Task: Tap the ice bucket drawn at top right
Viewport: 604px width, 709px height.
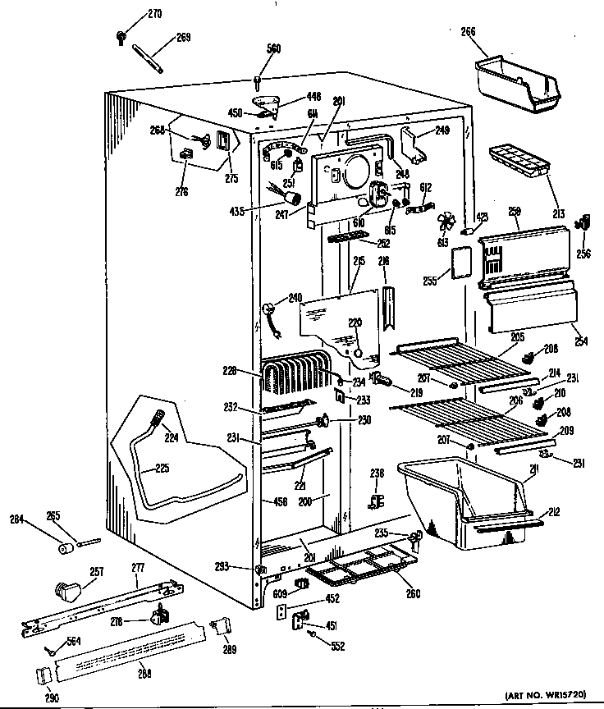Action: click(516, 82)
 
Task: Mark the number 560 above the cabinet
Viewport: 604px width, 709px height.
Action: click(272, 49)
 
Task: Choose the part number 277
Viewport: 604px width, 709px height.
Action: click(137, 567)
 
